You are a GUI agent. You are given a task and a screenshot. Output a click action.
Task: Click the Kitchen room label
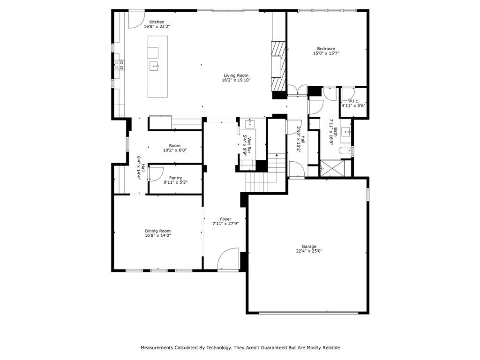coord(157,22)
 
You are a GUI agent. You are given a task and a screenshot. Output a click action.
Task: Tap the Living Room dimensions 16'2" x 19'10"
coord(236,80)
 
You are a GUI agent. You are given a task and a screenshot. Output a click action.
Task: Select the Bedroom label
coord(326,49)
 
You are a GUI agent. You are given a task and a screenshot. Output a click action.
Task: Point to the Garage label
coord(308,247)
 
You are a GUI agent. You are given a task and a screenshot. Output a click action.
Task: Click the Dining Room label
coord(157,231)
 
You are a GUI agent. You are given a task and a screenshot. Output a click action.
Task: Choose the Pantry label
coord(175,178)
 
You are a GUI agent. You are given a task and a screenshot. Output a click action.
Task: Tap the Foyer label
coord(225,219)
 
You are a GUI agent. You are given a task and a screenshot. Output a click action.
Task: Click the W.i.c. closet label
coord(353,101)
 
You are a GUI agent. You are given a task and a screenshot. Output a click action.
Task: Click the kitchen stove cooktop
coord(119,65)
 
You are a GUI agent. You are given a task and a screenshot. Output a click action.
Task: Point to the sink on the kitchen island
coord(154,66)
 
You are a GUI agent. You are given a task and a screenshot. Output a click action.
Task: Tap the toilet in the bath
coord(345,151)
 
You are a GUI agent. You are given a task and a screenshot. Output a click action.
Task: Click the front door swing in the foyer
coord(228,259)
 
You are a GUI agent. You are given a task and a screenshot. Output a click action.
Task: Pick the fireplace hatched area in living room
coord(278,66)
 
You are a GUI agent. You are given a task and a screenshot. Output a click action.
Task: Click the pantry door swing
coord(155,173)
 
